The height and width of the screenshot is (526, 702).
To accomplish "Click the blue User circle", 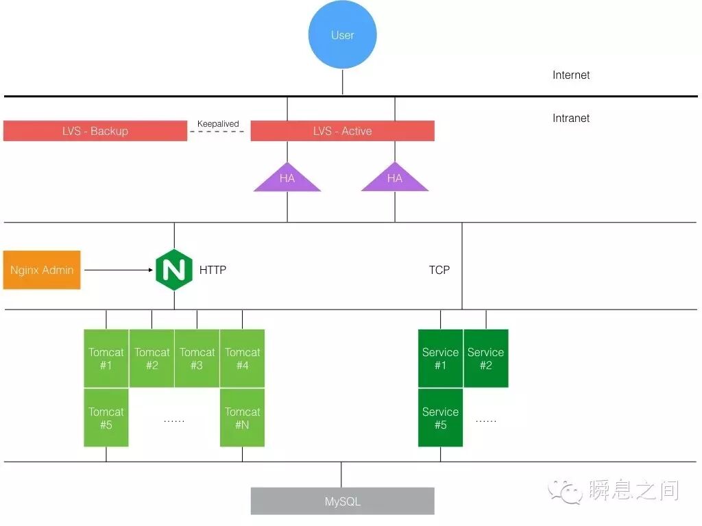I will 342,35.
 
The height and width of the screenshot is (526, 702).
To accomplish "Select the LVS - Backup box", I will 95,131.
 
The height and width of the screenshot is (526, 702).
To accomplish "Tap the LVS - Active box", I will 342,131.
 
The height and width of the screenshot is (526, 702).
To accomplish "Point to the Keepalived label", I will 218,124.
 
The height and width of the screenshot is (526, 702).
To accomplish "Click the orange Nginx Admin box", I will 42,270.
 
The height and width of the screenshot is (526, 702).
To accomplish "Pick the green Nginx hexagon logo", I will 174,270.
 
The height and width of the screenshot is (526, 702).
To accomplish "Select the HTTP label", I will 213,270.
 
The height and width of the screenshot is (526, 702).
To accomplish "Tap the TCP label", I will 439,270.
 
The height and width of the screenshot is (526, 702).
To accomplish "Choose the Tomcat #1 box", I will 106,358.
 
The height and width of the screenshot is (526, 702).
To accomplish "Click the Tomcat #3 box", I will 197,358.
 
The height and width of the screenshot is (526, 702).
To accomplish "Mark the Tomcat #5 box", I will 106,418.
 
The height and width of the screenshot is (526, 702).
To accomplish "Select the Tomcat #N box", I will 242,418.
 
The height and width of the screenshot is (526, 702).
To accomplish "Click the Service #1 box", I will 440,358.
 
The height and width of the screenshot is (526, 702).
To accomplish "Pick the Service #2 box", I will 485,358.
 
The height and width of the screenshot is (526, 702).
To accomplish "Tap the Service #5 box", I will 440,418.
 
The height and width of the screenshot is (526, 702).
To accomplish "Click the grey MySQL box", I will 342,501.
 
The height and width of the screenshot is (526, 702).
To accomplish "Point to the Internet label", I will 571,75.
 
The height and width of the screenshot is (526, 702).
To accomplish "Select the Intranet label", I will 571,118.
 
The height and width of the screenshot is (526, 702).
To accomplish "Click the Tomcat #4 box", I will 242,358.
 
